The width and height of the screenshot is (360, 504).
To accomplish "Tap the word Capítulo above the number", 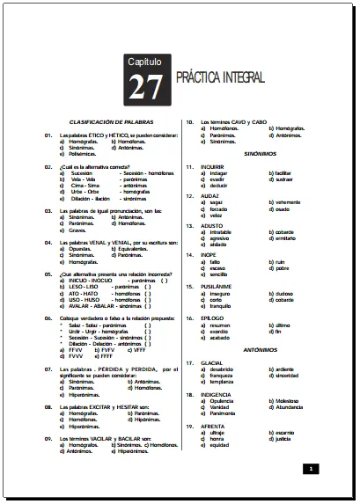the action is click(x=143, y=63).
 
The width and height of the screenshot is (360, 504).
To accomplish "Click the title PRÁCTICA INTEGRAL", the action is click(x=220, y=77).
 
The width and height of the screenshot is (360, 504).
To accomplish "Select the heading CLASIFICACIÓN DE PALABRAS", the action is click(x=110, y=121).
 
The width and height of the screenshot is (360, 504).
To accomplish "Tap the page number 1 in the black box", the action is click(x=311, y=470).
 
